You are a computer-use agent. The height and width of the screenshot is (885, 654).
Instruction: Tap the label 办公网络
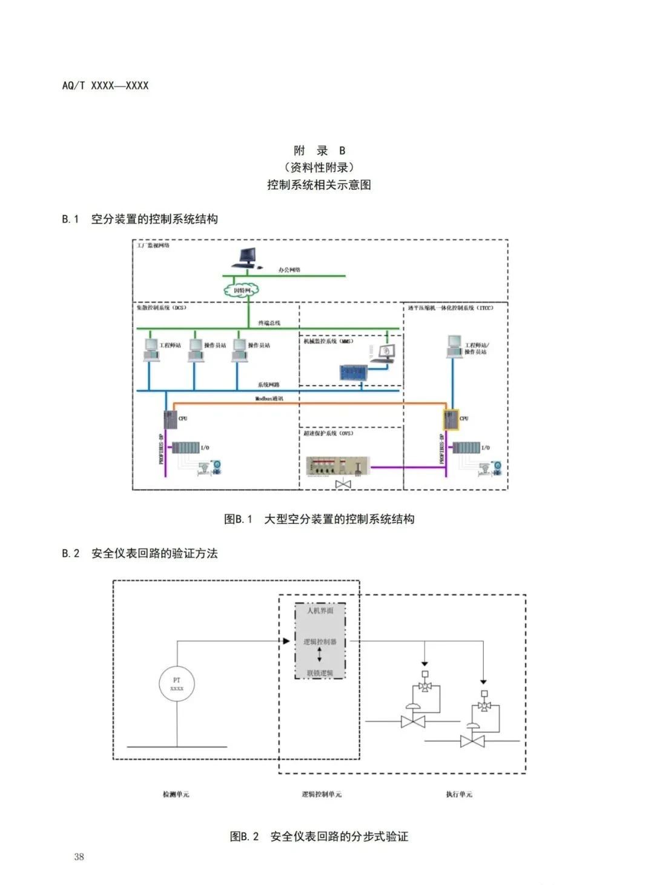(289, 270)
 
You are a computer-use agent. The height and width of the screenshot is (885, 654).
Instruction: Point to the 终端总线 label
(269, 323)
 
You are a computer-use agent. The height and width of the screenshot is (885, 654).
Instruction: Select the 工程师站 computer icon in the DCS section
(151, 349)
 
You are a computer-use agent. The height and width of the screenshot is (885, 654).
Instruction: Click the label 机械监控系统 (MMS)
(328, 341)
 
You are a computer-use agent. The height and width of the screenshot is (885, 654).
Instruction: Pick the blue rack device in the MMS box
(352, 373)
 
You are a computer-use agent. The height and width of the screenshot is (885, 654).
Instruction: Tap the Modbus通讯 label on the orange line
(269, 399)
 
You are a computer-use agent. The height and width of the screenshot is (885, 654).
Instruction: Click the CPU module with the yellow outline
(451, 419)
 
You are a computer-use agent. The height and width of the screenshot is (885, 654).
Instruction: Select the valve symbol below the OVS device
(343, 484)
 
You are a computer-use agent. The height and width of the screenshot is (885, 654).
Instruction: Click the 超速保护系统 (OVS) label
(328, 433)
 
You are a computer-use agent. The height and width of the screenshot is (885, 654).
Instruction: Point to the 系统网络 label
(269, 385)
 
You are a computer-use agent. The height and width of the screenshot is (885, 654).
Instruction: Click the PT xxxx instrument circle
(177, 684)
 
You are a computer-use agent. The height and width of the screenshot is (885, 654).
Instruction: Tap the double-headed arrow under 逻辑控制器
(320, 655)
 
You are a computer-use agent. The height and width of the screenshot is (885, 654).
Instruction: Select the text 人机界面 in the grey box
(320, 611)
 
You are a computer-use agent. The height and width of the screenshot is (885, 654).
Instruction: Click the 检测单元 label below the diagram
(176, 794)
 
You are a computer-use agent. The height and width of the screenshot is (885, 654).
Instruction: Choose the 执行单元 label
(459, 794)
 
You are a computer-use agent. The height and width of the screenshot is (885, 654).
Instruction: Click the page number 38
(79, 857)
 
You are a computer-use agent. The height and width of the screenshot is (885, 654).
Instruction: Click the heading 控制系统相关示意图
(319, 185)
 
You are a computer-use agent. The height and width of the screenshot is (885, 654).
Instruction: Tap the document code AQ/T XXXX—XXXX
(105, 85)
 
